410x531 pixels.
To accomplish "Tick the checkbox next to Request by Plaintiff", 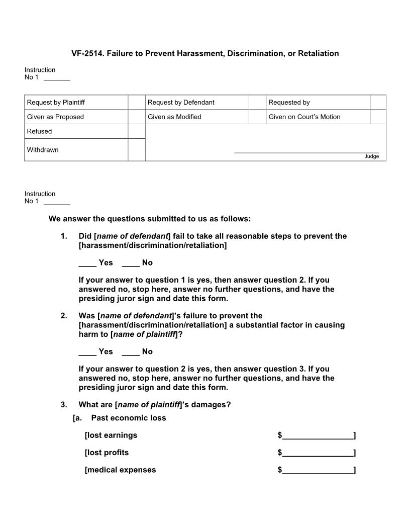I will click(136, 102).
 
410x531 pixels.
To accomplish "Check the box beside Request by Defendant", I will click(257, 102).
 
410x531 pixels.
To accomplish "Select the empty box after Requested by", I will click(378, 102).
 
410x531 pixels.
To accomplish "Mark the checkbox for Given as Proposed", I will click(136, 117).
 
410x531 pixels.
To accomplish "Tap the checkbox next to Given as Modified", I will click(257, 117).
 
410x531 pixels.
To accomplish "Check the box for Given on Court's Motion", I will click(378, 117).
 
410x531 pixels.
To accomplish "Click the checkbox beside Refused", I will click(136, 131).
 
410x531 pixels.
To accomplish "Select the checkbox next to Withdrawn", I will click(136, 150).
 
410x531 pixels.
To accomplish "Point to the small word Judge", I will click(372, 156).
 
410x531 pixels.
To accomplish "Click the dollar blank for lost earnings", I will click(318, 436).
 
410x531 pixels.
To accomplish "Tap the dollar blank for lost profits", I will click(318, 453).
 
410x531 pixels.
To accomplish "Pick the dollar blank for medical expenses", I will click(318, 471).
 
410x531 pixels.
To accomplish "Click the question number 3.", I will click(64, 405).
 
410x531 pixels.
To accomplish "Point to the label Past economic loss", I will click(128, 418).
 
